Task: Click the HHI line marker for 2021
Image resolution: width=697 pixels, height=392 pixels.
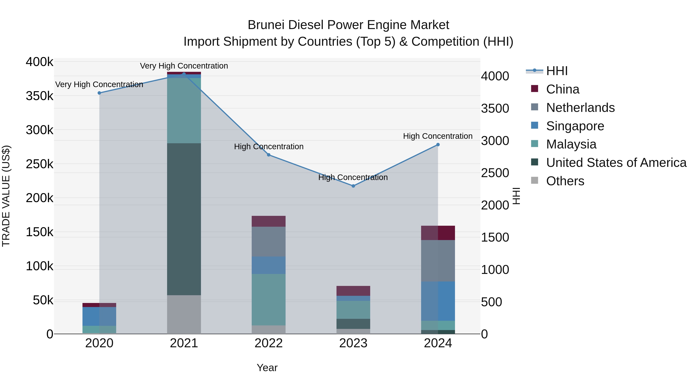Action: coord(184,74)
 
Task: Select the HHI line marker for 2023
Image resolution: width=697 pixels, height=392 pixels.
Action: coord(353,186)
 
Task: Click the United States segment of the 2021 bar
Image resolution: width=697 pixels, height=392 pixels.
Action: coord(184,219)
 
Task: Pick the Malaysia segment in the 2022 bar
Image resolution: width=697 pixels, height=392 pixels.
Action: coord(269,299)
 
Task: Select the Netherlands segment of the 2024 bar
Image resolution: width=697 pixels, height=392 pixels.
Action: coord(438,261)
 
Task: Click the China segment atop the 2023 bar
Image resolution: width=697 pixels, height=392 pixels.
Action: coord(353,291)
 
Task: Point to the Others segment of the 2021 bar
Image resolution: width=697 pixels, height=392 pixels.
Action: coord(184,314)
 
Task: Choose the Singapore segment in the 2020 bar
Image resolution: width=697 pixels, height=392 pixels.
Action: coord(99,316)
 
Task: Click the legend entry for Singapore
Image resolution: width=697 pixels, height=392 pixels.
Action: coord(575,126)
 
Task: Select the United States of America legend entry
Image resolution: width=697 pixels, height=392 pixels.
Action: coord(616,163)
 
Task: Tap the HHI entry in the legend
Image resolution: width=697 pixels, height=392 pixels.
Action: coord(557,71)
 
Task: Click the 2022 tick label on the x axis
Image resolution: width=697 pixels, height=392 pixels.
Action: coord(269,343)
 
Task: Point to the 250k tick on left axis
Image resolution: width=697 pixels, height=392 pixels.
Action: coord(39,164)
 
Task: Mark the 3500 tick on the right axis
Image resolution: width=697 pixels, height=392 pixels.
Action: coord(495,108)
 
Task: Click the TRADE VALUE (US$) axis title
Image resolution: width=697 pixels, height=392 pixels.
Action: coord(6,196)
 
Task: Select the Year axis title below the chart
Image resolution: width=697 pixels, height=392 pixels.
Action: coord(267,368)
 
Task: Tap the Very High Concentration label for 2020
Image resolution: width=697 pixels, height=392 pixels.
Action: coord(99,84)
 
